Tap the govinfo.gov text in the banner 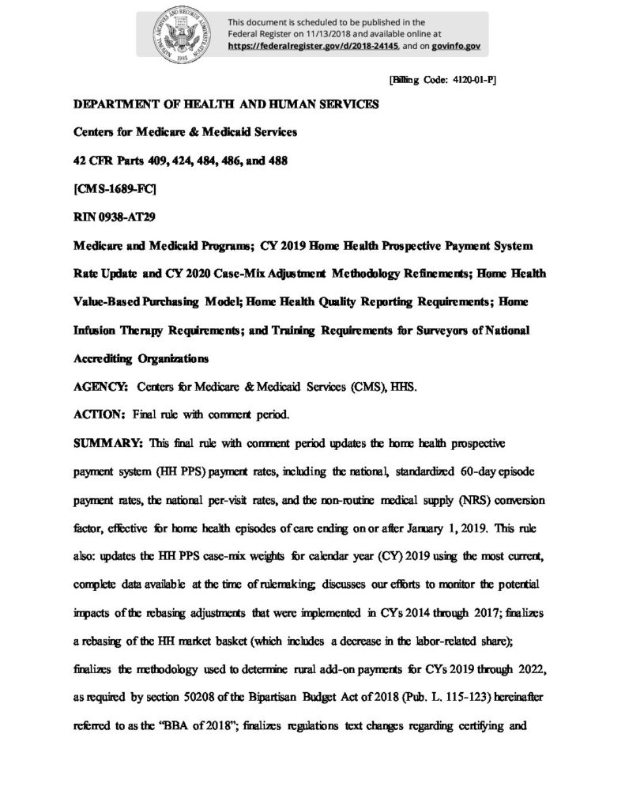click(x=456, y=46)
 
